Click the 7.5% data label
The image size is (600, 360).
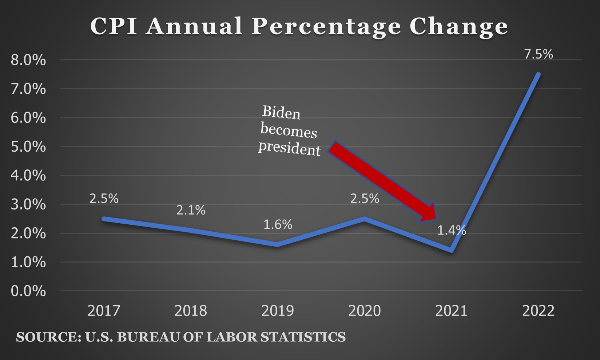coord(539,55)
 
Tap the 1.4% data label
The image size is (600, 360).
coord(452,231)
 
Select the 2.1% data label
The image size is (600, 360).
coord(191,210)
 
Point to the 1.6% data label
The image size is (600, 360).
coord(278,225)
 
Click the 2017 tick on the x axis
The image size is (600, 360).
coord(104,311)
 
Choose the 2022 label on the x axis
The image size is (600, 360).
coord(539,311)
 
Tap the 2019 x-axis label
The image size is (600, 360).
coord(278,311)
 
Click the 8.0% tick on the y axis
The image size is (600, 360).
coord(28,60)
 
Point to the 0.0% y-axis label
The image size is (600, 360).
coord(28,291)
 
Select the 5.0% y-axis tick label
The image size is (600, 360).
coord(28,147)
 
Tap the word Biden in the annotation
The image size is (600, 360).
coord(281,113)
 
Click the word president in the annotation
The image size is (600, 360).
coord(290,148)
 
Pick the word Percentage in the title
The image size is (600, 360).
coord(326,27)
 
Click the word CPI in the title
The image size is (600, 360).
coord(114,26)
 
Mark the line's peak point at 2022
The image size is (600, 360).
coord(539,75)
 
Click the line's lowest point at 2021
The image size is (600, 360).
coord(452,250)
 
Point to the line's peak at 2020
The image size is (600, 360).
coord(365,219)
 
